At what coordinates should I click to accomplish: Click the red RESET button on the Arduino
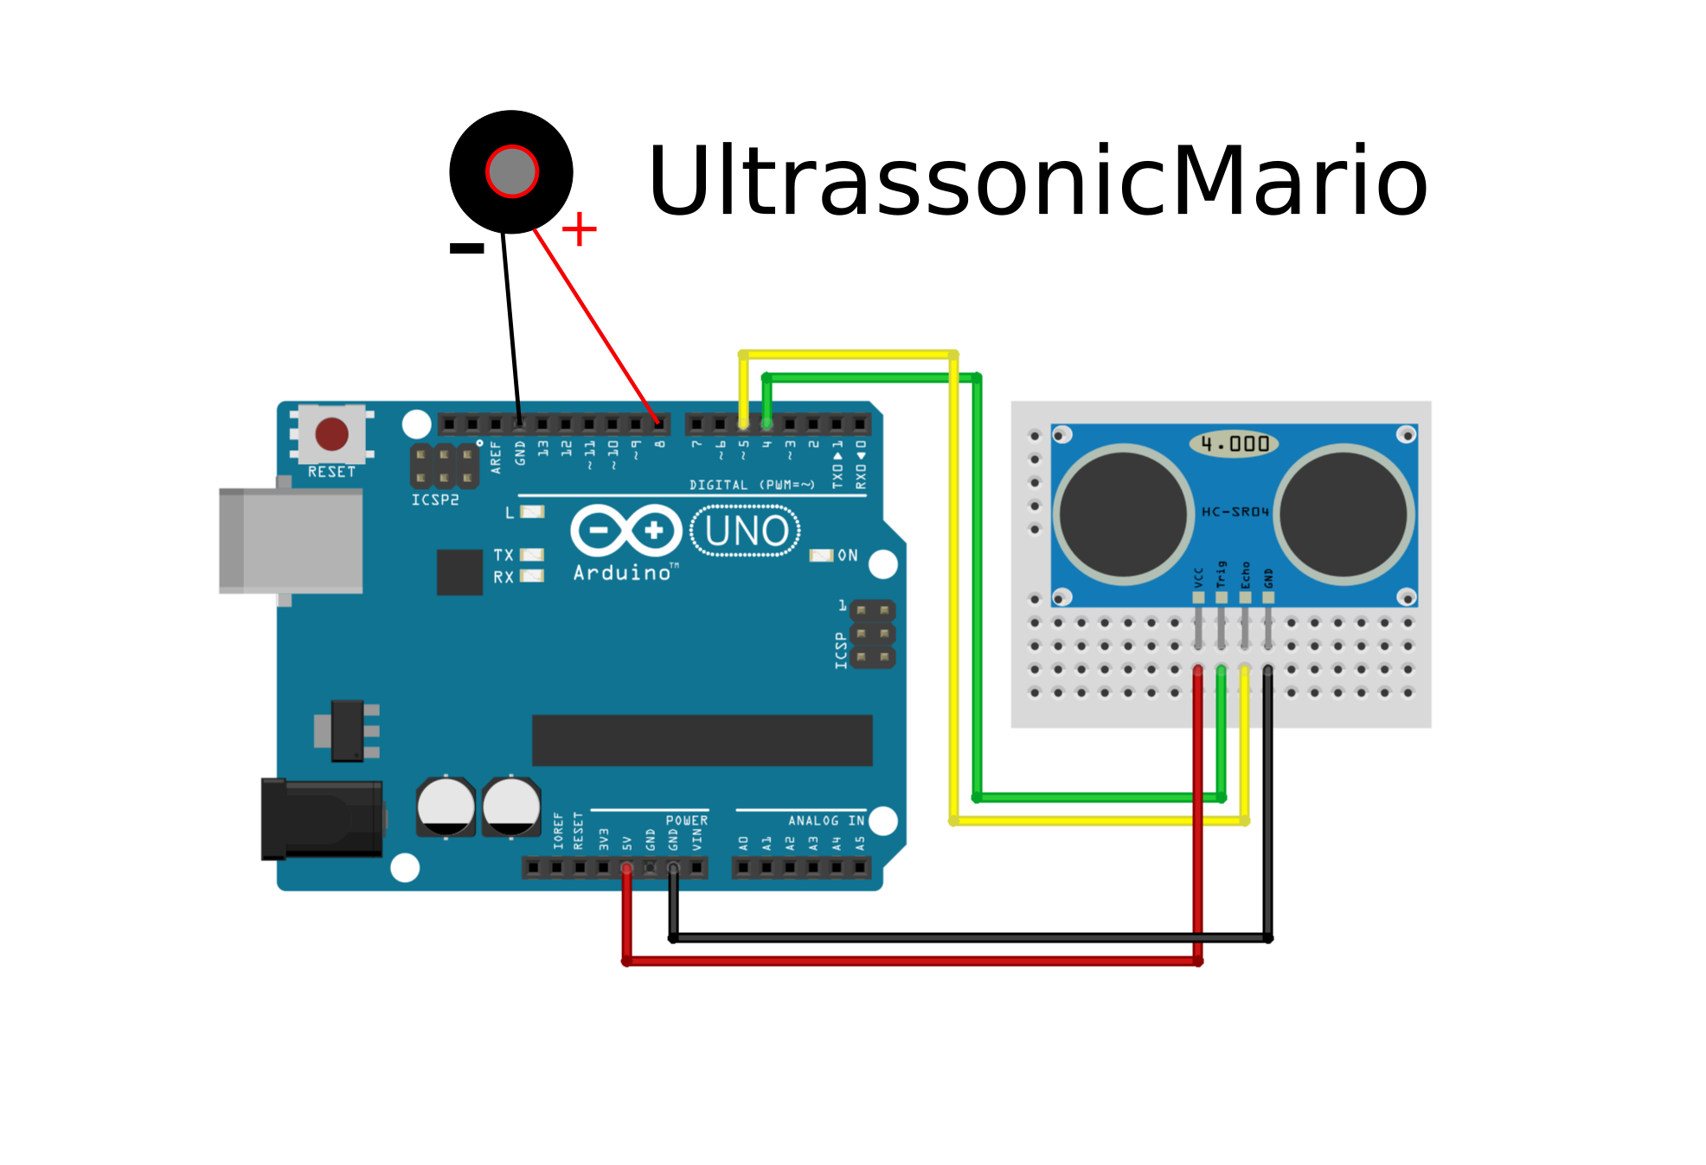pyautogui.click(x=331, y=434)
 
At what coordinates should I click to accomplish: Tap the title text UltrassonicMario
pyautogui.click(x=1036, y=182)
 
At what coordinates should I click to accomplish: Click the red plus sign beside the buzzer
pyautogui.click(x=579, y=229)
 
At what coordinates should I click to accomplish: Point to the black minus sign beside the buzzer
pyautogui.click(x=466, y=248)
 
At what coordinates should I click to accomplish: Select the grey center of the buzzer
pyautogui.click(x=512, y=171)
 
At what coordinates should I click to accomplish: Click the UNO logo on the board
pyautogui.click(x=746, y=531)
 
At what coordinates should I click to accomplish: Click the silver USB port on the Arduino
pyautogui.click(x=291, y=541)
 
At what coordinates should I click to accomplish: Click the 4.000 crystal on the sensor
pyautogui.click(x=1234, y=444)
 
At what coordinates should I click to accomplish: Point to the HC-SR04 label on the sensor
pyautogui.click(x=1235, y=512)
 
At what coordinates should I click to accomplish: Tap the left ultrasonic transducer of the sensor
pyautogui.click(x=1123, y=514)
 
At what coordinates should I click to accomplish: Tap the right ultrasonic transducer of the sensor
pyautogui.click(x=1344, y=514)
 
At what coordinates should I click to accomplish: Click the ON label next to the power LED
pyautogui.click(x=848, y=556)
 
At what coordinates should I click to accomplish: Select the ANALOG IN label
pyautogui.click(x=825, y=821)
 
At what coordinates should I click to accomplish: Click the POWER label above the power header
pyautogui.click(x=686, y=821)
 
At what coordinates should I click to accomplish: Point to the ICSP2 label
pyautogui.click(x=434, y=500)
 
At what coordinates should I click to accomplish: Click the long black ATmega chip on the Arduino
pyautogui.click(x=702, y=740)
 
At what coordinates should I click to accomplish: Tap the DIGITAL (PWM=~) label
pyautogui.click(x=752, y=485)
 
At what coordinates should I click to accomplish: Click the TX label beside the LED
pyautogui.click(x=503, y=555)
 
